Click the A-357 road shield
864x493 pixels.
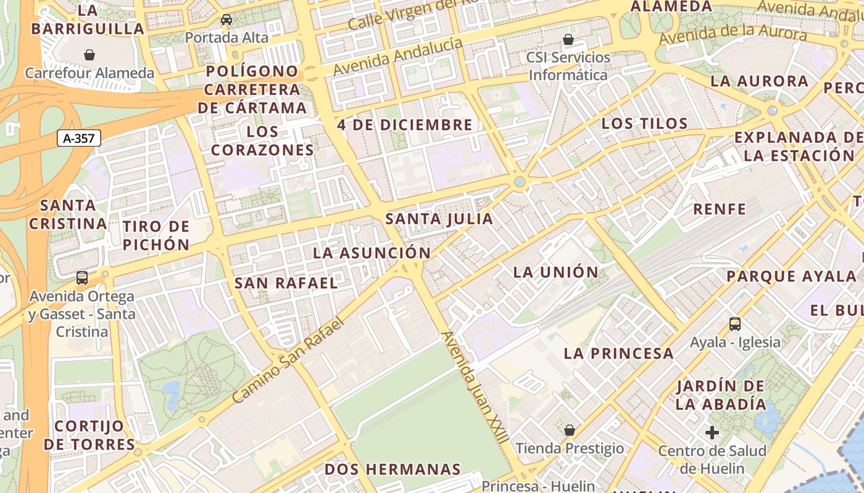[x=79, y=138]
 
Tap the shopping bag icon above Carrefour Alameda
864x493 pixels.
[x=89, y=55]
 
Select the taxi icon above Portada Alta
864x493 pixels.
[x=226, y=20]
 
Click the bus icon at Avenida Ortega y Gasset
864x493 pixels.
[x=82, y=278]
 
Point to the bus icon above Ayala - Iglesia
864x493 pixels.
[x=734, y=324]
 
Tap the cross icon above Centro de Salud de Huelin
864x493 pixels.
[x=712, y=433]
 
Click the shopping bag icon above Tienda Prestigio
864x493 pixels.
[x=570, y=430]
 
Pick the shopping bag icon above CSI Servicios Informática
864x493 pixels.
[x=568, y=39]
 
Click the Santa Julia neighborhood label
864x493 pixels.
[x=439, y=219]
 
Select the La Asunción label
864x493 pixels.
[x=372, y=253]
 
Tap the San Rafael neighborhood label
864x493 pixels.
[x=286, y=283]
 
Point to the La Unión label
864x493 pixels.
[x=556, y=272]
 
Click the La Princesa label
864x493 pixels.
[x=618, y=353]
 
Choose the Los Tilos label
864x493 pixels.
[x=644, y=123]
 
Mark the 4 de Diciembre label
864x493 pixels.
[x=405, y=124]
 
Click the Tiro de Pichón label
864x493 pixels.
[x=156, y=235]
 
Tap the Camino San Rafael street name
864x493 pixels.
[x=287, y=361]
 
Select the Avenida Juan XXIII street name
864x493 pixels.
[x=475, y=387]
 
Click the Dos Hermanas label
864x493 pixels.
[x=393, y=469]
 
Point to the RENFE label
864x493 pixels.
[x=720, y=209]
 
